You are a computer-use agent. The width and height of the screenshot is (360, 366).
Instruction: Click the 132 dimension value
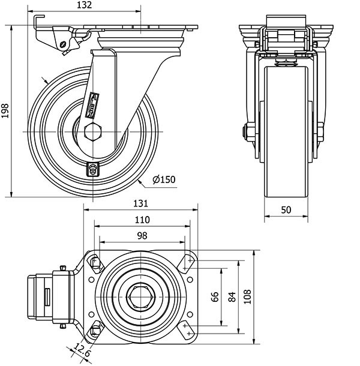pos(85,5)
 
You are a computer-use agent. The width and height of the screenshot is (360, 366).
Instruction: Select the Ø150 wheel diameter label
pos(164,179)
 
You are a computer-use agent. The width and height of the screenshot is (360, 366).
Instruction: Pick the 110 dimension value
pos(142,220)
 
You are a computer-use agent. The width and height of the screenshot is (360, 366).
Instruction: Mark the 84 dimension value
pos(232,297)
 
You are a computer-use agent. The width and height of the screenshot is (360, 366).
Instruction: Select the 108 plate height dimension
pos(247,297)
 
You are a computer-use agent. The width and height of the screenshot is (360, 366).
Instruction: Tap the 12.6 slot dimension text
pos(82,351)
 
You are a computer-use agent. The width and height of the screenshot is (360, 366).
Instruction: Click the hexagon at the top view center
pos(142,297)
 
